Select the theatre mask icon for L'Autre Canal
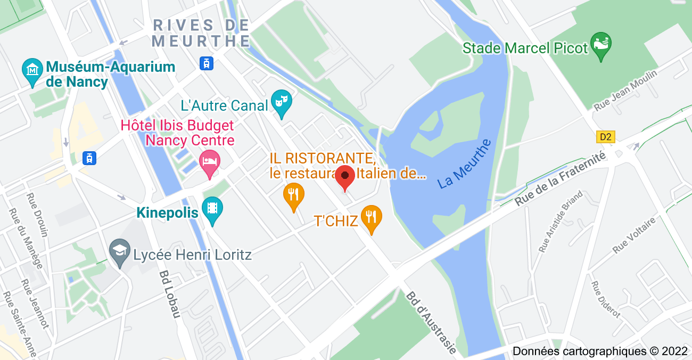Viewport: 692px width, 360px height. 281,102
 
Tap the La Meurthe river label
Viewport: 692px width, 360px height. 465,163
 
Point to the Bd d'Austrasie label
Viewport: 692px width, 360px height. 431,323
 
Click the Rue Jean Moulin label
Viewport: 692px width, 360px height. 626,90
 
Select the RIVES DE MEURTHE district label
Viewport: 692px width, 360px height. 201,32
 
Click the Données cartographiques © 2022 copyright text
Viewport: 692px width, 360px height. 600,351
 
